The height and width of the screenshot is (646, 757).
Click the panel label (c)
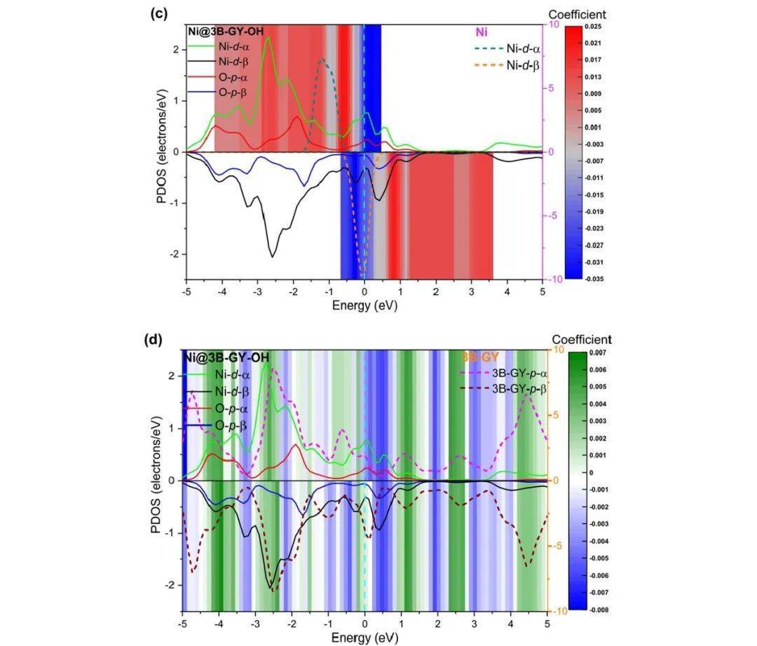(x=158, y=14)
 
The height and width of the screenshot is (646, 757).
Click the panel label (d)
(x=153, y=341)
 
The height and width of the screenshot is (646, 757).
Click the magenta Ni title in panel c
(x=482, y=32)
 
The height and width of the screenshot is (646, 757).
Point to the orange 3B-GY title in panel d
(x=480, y=357)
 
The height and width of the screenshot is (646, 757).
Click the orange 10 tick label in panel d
(x=557, y=350)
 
